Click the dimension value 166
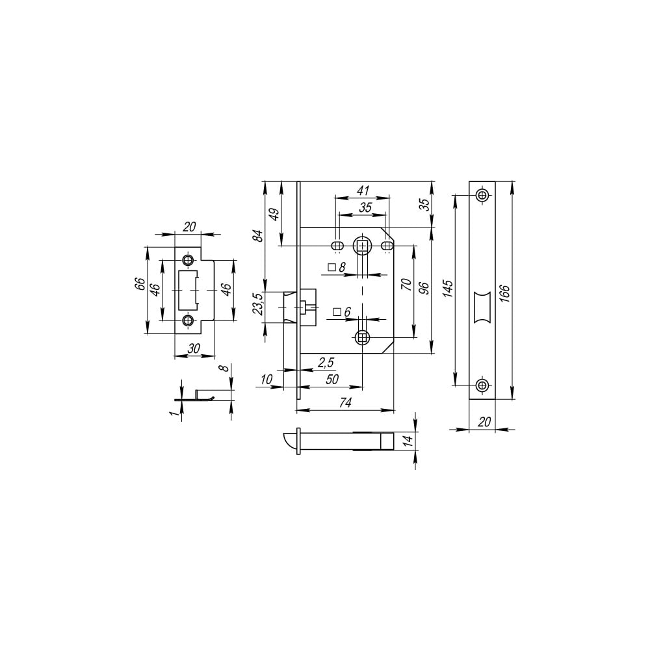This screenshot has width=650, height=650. [x=505, y=292]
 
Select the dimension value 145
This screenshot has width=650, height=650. [x=448, y=289]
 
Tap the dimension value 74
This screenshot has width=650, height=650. [x=345, y=402]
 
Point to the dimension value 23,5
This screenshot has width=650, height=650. [x=258, y=304]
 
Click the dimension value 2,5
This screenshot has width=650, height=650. [x=326, y=363]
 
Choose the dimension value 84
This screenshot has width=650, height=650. [x=258, y=235]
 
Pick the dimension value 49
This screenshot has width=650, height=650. [x=274, y=214]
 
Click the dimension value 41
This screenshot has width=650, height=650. [x=363, y=190]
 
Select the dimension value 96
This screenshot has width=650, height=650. [x=424, y=288]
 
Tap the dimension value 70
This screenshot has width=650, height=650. [x=407, y=285]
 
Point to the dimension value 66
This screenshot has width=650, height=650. [x=140, y=284]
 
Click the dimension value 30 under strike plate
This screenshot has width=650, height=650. [x=194, y=348]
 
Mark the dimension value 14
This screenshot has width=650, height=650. [x=408, y=440]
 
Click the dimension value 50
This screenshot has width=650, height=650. [x=332, y=380]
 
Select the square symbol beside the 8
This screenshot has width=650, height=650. [x=331, y=267]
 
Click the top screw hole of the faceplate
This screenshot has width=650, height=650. [x=482, y=195]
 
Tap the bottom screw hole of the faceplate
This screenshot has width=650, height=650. [x=482, y=385]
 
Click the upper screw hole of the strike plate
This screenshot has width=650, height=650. [x=188, y=261]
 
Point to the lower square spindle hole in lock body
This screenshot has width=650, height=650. [x=363, y=338]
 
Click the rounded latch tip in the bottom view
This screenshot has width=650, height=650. [x=289, y=441]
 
